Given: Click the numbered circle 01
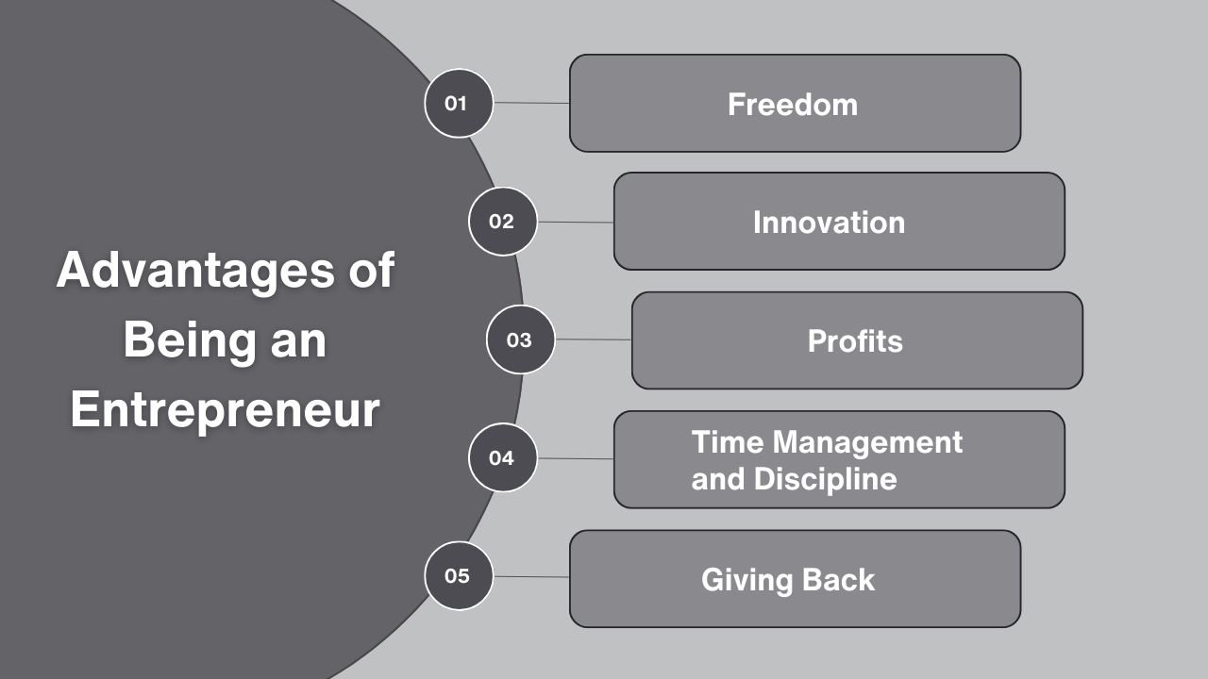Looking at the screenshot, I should (459, 103).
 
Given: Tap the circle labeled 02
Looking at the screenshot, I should (503, 222).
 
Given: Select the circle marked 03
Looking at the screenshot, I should (520, 339).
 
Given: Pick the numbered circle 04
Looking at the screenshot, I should (503, 458).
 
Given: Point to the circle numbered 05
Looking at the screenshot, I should (459, 575).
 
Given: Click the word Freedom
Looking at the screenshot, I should (793, 104).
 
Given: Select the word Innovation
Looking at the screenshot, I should (829, 223).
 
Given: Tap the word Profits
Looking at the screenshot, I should (855, 340).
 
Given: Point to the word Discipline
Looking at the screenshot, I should (825, 478).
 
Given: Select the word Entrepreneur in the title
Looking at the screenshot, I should (225, 411).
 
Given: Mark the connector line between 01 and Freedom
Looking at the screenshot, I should (531, 103).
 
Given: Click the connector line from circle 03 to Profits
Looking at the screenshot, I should (593, 339).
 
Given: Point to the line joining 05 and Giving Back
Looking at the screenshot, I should (531, 576).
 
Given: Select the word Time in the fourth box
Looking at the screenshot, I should (726, 441).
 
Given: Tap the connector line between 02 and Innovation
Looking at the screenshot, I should (576, 223).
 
